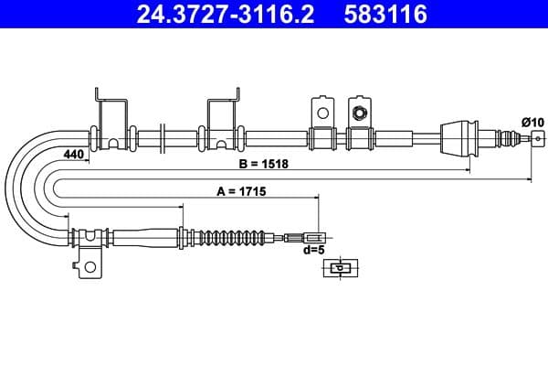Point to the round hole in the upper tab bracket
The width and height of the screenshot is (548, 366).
[321, 113]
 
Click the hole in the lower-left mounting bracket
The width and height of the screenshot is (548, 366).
[89, 267]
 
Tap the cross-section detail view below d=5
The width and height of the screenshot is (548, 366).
[340, 268]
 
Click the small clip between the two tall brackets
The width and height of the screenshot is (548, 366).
[161, 137]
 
